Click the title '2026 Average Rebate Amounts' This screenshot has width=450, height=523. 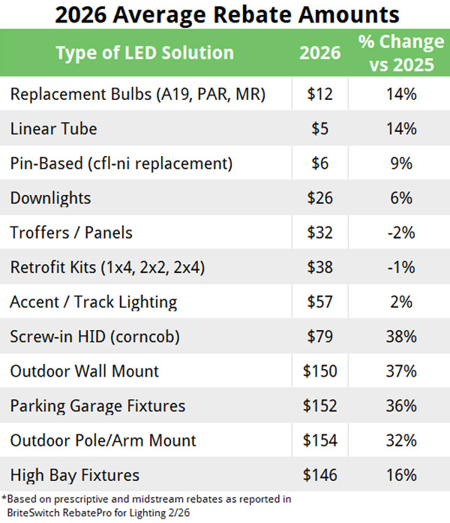click(225, 15)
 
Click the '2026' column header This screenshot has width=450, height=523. click(322, 53)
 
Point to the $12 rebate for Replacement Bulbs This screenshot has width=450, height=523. click(322, 94)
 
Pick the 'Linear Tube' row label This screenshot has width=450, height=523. click(53, 128)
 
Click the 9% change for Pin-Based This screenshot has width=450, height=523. click(401, 163)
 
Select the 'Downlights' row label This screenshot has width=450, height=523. click(50, 198)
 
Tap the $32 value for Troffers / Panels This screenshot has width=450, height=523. click(322, 233)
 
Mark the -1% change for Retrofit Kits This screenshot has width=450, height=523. click(401, 267)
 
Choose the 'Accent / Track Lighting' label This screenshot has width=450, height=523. click(93, 302)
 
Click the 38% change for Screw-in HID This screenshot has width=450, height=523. click(401, 337)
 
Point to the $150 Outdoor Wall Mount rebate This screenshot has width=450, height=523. click(322, 371)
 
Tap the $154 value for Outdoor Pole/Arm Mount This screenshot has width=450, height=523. click(322, 440)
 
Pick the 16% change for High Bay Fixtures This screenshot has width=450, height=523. click(401, 475)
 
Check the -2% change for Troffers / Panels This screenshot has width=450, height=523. click(401, 233)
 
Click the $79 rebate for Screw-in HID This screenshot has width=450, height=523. click(322, 337)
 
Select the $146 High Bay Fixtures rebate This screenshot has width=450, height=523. click(322, 475)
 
